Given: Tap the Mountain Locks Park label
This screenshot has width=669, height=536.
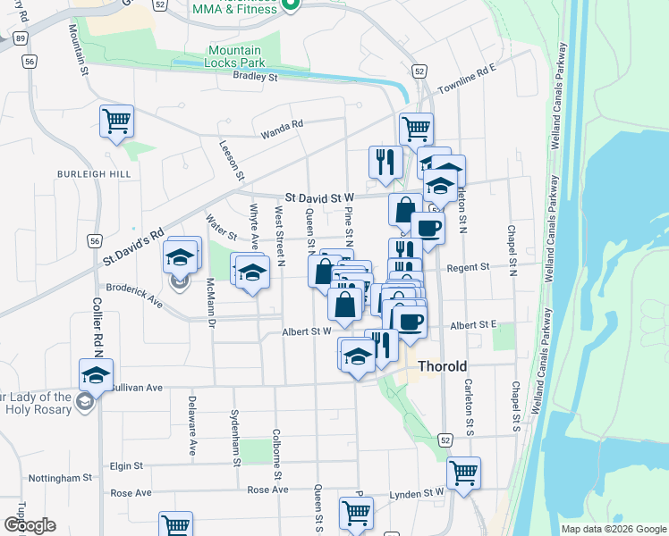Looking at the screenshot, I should (x=234, y=57).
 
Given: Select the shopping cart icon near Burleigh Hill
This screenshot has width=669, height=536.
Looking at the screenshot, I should (x=116, y=121).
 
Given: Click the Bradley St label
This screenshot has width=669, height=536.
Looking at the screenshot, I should (x=256, y=78).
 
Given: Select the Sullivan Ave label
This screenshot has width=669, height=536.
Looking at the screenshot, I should (x=137, y=388).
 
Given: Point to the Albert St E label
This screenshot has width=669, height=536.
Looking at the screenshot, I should (x=473, y=325).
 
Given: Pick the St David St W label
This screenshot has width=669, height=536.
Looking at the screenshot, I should (x=319, y=197).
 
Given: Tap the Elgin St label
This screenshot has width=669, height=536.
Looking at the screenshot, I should (x=126, y=465).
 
